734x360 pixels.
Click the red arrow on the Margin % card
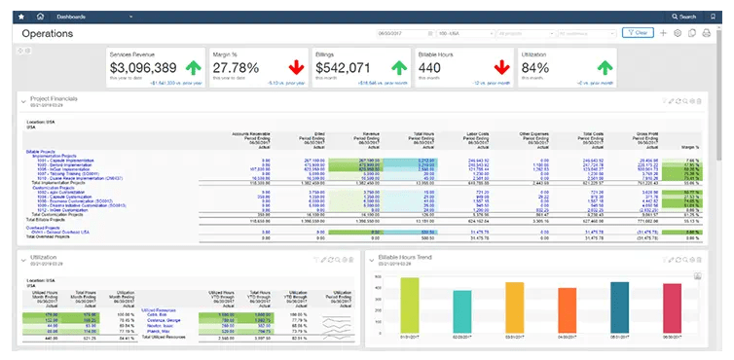point(292,67)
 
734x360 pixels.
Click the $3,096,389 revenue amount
point(143,67)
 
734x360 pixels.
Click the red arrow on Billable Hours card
point(501,67)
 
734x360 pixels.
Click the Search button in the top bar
point(684,18)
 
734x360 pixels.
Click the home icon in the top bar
point(39,18)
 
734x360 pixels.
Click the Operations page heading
point(47,33)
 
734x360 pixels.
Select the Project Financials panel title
point(60,99)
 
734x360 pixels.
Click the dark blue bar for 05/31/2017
point(617,308)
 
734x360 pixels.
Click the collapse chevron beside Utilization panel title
point(23,259)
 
